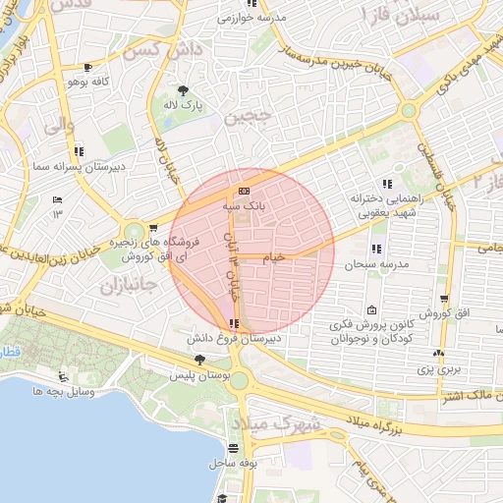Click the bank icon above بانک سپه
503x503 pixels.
point(243,191)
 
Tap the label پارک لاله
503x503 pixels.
point(184,104)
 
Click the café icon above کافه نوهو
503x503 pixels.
point(90,68)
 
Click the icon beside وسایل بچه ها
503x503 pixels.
point(63,377)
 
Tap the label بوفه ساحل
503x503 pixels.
point(234,460)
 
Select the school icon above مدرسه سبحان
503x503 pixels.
point(375,250)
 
